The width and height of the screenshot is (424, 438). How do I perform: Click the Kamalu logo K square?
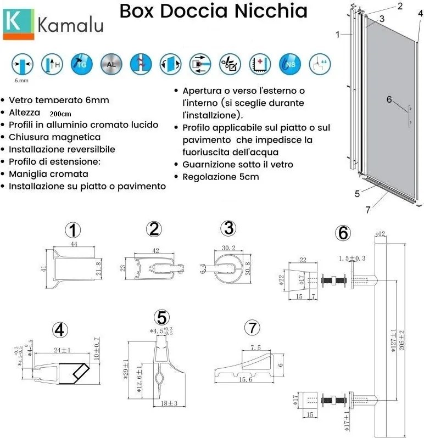(x=18, y=24)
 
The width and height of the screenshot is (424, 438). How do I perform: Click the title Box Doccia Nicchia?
(x=213, y=10)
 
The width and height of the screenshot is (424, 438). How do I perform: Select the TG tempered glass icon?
(x=81, y=64)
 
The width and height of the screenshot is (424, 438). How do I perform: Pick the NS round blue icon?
(x=289, y=64)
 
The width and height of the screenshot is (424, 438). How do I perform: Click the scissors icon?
(x=229, y=64)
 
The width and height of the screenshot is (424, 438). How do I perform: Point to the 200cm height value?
(x=60, y=114)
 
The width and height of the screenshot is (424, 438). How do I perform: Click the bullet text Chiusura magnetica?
(x=54, y=137)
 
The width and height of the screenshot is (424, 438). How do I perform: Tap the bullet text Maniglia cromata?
(x=48, y=174)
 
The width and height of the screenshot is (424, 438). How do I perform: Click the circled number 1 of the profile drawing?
(x=74, y=229)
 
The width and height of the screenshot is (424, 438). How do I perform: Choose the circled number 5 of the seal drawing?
(x=161, y=317)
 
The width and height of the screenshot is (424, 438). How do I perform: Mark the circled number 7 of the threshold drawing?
(x=251, y=328)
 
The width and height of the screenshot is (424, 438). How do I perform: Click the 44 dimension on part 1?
(x=73, y=243)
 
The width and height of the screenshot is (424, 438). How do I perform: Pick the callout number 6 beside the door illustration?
(x=389, y=99)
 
